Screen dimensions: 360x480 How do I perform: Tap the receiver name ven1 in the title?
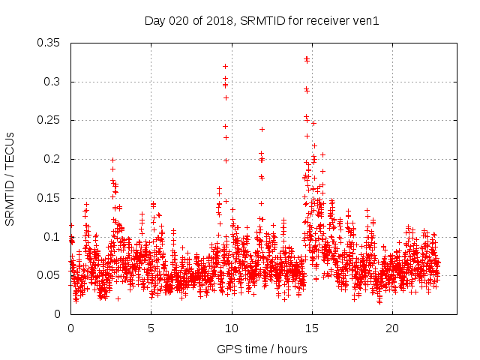[x=366, y=21]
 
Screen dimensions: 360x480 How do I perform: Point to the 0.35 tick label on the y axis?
[x=49, y=43]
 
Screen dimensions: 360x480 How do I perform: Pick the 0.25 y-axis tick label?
[x=49, y=120]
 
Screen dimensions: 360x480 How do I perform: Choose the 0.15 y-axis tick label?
[x=49, y=198]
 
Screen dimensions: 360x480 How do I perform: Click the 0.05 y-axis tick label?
[x=49, y=275]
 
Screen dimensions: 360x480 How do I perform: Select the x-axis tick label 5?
[x=151, y=328]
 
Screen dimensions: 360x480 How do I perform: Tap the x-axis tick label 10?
[x=232, y=328]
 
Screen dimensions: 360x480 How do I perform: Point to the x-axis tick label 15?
[x=312, y=328]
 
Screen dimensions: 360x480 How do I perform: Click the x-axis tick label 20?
[x=392, y=328]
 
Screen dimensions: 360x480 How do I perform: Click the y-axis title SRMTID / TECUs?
[x=10, y=178]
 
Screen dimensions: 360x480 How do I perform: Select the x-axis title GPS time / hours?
[x=262, y=349]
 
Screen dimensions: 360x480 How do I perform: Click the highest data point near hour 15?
[x=306, y=58]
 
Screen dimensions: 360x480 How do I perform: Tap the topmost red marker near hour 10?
[x=225, y=66]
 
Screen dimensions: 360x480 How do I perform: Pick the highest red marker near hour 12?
[x=262, y=129]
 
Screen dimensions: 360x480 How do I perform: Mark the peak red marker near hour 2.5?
[x=112, y=160]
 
